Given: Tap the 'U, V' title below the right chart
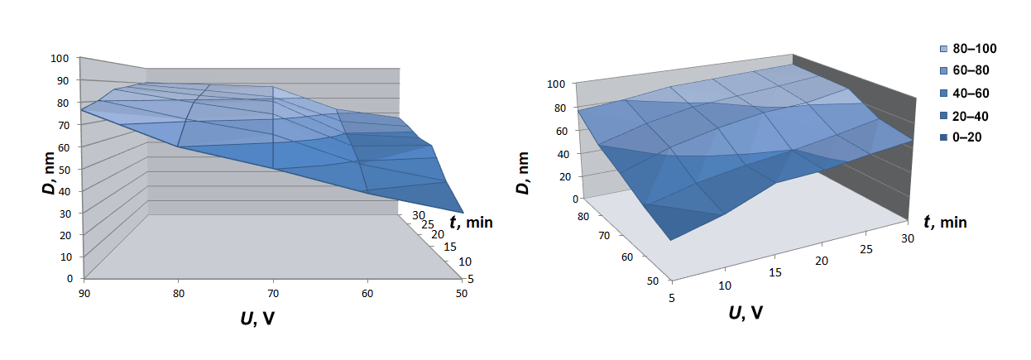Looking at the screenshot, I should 745,313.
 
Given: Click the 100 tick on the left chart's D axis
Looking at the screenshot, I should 60,59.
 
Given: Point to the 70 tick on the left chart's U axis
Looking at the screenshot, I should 272,294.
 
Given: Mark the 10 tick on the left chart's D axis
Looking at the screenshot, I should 63,257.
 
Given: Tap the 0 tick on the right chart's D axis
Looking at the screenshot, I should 575,199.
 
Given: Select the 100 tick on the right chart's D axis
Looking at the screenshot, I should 556,84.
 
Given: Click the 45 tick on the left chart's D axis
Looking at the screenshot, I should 63,180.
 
